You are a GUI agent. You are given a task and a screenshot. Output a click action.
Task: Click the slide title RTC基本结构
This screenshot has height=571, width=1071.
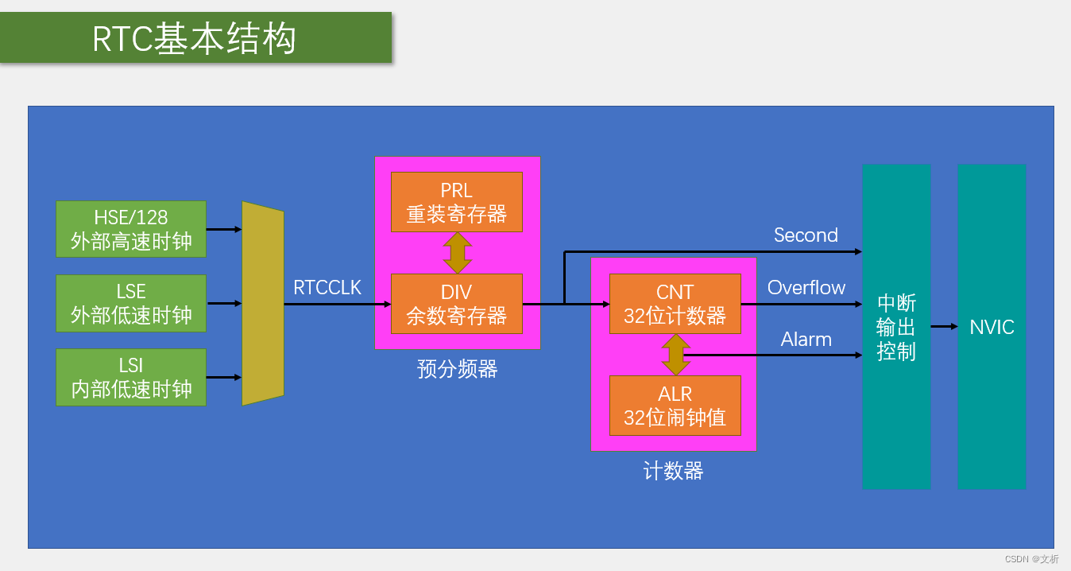click(x=195, y=38)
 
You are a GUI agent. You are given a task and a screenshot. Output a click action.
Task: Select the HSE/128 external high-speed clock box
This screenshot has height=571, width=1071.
click(x=131, y=229)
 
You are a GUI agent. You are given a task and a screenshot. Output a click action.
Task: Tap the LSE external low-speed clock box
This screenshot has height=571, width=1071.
click(x=131, y=303)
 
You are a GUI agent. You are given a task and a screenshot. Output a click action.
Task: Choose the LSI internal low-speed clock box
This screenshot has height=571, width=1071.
click(x=131, y=377)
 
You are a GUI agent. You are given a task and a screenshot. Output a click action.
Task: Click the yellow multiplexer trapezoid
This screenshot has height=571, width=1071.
click(x=263, y=303)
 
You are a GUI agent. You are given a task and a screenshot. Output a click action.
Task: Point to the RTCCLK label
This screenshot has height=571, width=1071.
click(x=327, y=288)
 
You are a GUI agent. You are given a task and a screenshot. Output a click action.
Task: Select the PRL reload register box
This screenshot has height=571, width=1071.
click(x=456, y=202)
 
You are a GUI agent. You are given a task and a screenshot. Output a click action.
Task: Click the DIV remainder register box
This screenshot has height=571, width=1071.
click(x=456, y=304)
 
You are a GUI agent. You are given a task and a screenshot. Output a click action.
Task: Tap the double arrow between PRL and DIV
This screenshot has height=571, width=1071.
click(x=457, y=253)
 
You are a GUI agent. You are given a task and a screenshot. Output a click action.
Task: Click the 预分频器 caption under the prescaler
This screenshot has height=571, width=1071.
click(x=457, y=369)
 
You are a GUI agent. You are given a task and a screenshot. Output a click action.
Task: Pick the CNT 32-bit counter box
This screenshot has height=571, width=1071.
click(x=675, y=304)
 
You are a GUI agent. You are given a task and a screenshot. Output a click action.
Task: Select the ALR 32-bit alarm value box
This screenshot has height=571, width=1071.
click(x=675, y=406)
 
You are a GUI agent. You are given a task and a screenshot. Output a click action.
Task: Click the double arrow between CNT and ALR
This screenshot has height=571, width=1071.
click(x=675, y=355)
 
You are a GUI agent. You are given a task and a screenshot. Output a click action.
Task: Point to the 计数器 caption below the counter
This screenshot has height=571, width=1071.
click(x=673, y=472)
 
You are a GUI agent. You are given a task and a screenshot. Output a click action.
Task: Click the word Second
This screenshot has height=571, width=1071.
click(x=806, y=235)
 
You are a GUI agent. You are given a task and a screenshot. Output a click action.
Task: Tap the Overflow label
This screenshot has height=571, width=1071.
click(x=806, y=288)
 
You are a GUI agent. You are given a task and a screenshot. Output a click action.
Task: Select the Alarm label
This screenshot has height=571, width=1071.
click(x=806, y=340)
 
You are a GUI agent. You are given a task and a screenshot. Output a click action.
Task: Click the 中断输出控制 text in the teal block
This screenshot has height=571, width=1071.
click(x=896, y=327)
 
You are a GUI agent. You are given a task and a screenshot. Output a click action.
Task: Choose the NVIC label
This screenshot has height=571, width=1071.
click(x=992, y=327)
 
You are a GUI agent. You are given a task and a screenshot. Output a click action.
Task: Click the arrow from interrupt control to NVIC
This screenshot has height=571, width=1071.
click(x=944, y=326)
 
